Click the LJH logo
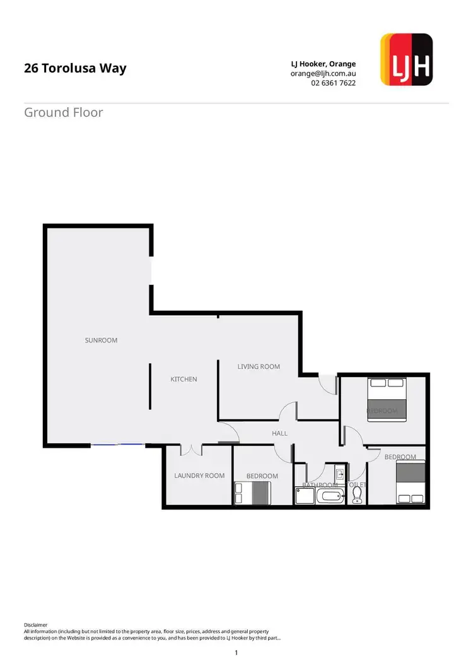click(x=407, y=60)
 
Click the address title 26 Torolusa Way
click(x=75, y=68)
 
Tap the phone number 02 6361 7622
click(x=333, y=83)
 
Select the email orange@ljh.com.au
click(x=323, y=73)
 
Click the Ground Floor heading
click(x=63, y=113)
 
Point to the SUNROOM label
click(x=101, y=340)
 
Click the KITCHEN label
click(x=184, y=379)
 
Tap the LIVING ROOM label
click(x=259, y=366)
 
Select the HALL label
click(x=279, y=433)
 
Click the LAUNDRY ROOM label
click(x=199, y=475)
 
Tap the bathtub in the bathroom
click(x=330, y=496)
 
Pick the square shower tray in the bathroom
click(x=304, y=496)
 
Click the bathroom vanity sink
click(x=339, y=473)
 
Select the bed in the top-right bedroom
click(x=387, y=398)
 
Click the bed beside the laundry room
click(x=252, y=493)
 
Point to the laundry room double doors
click(x=190, y=450)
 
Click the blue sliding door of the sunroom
click(x=117, y=445)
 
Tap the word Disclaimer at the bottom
click(x=36, y=625)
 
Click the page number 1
click(x=236, y=653)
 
